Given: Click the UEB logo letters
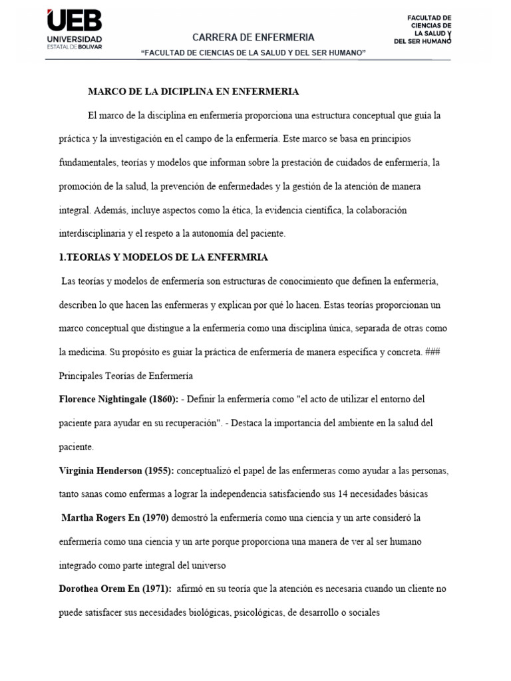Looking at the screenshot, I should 75,21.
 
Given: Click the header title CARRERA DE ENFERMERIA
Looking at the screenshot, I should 254,37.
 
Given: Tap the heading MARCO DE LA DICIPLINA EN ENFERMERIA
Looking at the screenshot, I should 194,92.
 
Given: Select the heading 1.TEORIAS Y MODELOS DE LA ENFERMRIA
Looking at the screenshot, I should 163,257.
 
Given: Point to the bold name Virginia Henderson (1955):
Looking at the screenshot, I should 116,471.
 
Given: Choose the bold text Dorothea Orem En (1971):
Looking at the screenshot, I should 115,589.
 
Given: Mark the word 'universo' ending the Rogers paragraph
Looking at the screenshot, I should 210,565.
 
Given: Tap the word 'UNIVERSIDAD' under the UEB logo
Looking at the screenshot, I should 75,39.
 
